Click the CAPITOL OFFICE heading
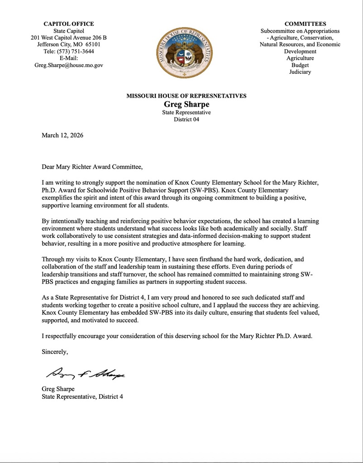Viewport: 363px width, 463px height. (69, 24)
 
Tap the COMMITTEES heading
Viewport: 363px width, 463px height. (306, 24)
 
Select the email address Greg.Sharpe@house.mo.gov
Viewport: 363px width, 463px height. (69, 65)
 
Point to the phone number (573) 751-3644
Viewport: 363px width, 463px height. (76, 52)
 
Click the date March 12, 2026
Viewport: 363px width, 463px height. (62, 135)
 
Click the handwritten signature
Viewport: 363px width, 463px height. (84, 373)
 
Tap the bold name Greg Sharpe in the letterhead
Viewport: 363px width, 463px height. (186, 104)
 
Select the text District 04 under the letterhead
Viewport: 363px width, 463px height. (186, 120)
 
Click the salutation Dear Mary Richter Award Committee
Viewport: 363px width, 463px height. (92, 167)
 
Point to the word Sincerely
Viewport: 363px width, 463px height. (55, 351)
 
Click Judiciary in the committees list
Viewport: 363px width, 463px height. (300, 72)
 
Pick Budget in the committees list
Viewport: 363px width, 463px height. (300, 65)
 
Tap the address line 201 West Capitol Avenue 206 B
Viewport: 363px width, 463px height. (69, 38)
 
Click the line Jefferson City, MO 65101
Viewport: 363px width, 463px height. (69, 45)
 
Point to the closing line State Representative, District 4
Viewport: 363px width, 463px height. (82, 397)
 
